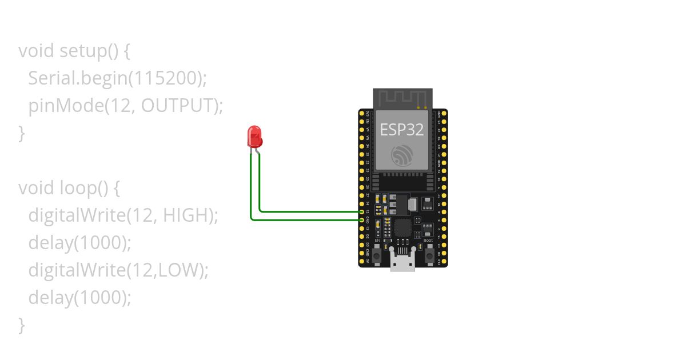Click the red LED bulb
pos(254,137)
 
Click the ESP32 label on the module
pos(402,130)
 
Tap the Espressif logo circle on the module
pos(402,156)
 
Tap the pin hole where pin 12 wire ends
pos(362,211)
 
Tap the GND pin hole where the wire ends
pos(362,219)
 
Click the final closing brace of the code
pos(22,325)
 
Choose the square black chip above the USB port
pos(403,227)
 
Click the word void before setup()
pos(37,51)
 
